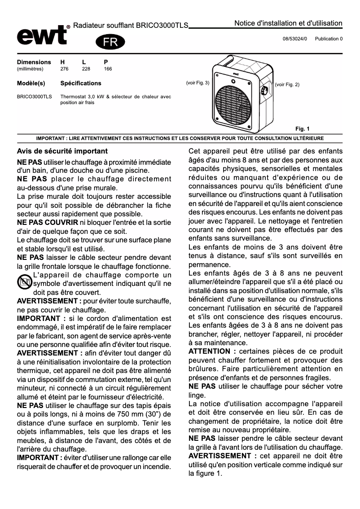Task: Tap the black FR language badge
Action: [x=110, y=42]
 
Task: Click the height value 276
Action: [x=64, y=69]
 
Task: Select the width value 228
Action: [x=86, y=69]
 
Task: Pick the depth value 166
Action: [x=108, y=69]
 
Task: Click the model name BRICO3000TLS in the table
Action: [x=34, y=97]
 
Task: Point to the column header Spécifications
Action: [x=81, y=83]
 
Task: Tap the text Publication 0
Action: [x=329, y=39]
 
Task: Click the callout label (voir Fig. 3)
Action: [x=198, y=83]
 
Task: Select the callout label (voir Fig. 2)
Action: [x=287, y=84]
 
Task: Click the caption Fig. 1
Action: [x=302, y=129]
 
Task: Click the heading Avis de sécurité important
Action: [x=62, y=151]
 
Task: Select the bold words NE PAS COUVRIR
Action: [x=47, y=223]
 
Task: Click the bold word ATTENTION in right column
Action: [x=209, y=351]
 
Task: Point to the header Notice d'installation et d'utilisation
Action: [x=288, y=23]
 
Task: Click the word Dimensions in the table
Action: [x=34, y=62]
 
